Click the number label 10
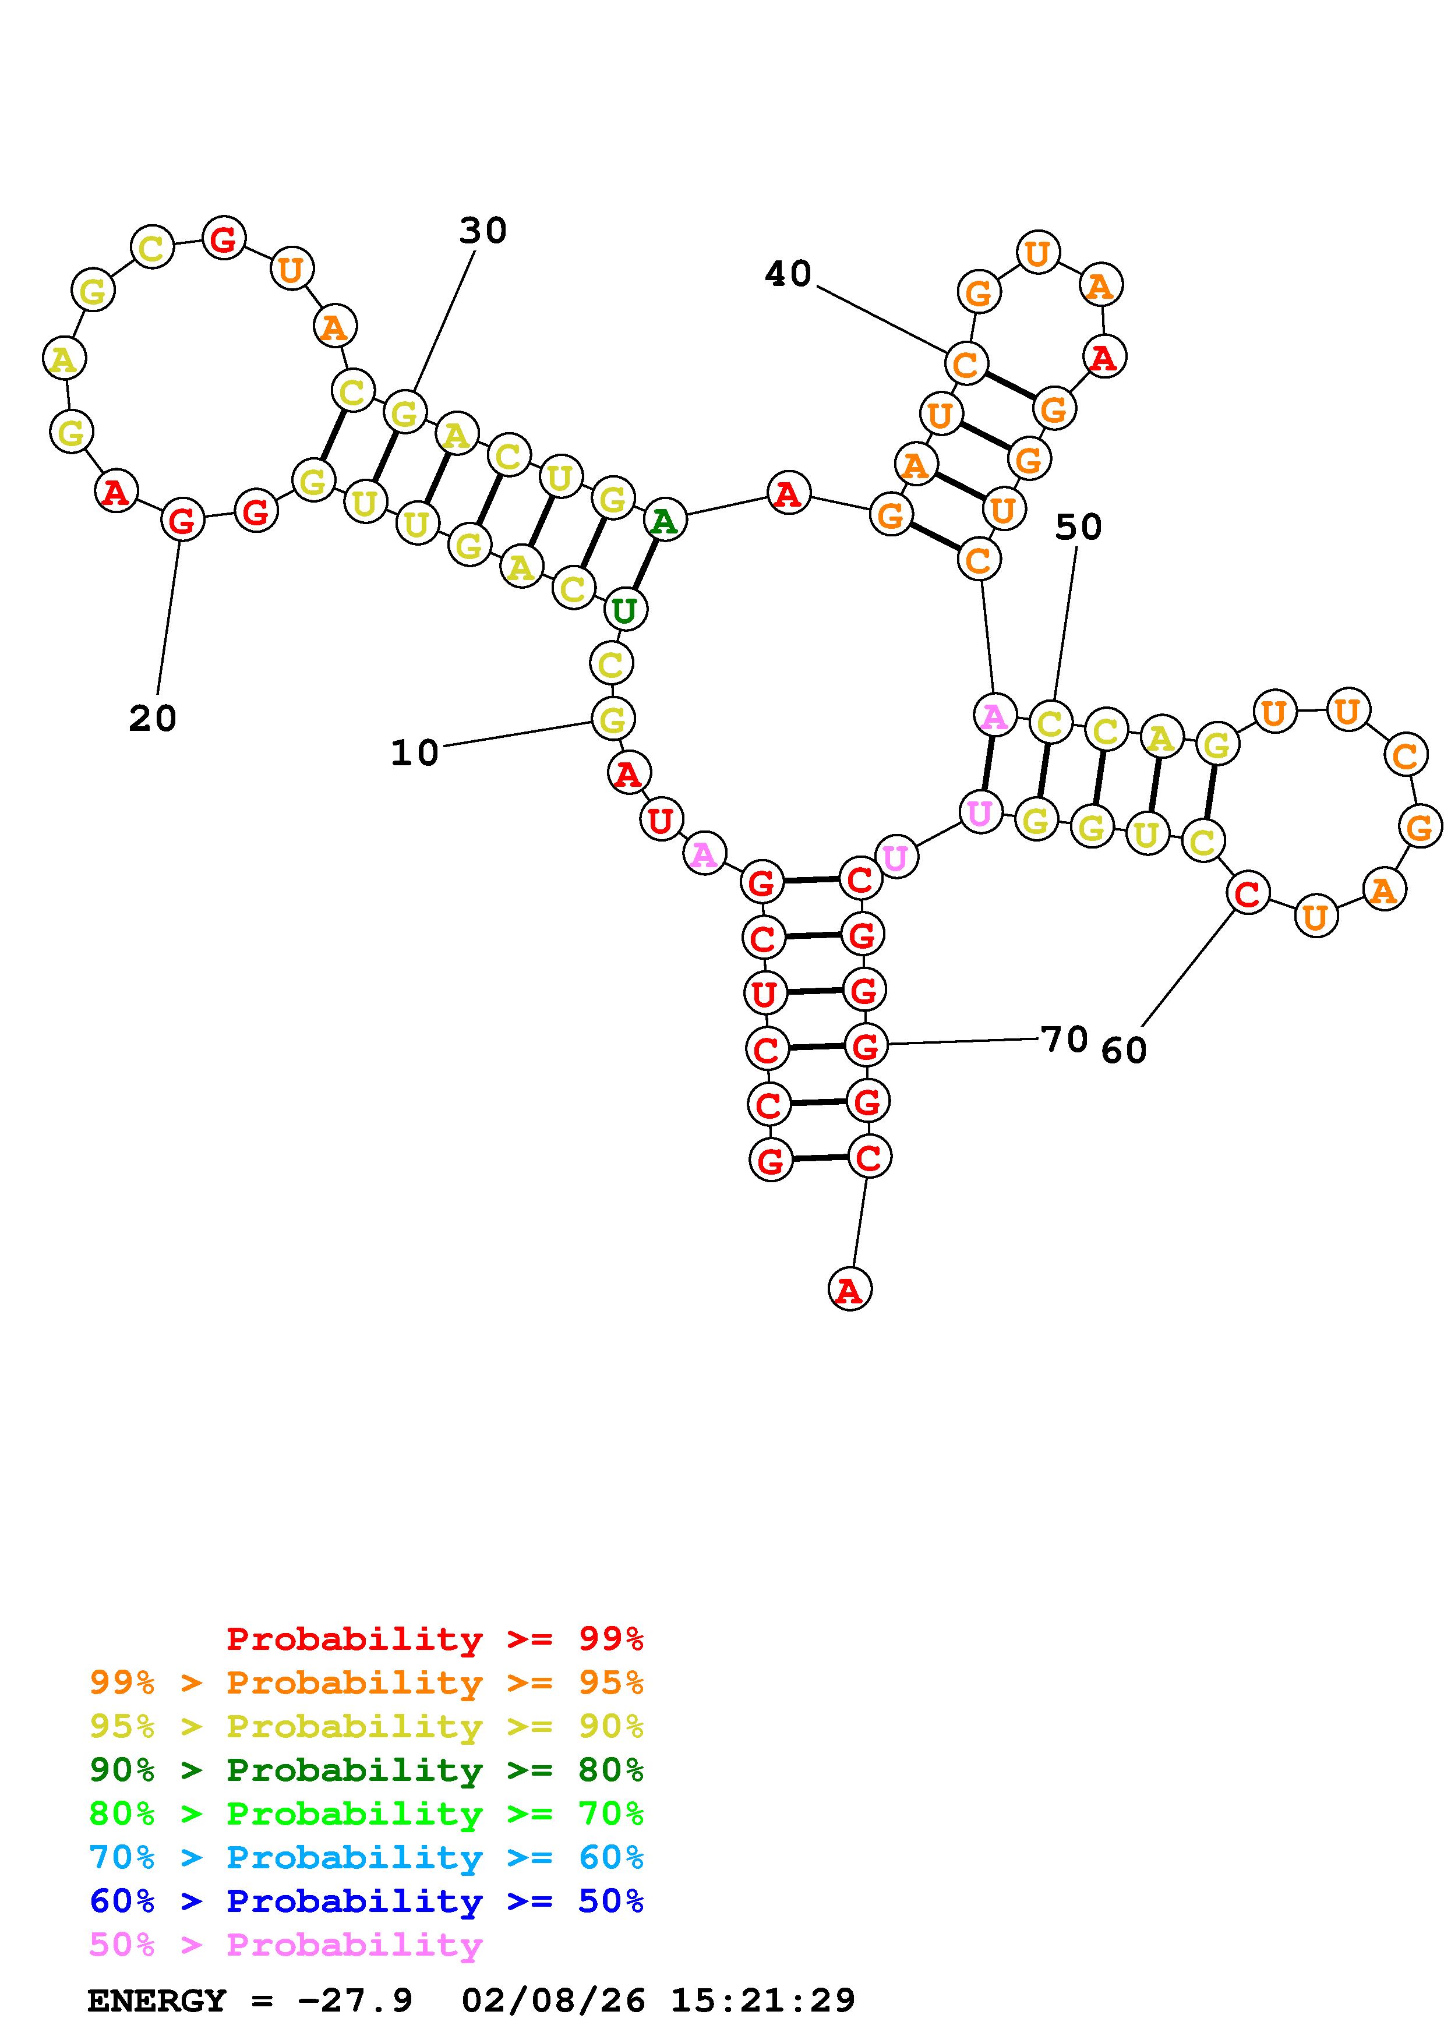point(415,754)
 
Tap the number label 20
point(153,718)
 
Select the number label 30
point(483,231)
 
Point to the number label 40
point(788,274)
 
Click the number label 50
point(1078,528)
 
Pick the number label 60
point(1124,1051)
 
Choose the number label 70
point(1064,1038)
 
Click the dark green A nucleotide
point(665,521)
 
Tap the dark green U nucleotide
point(624,610)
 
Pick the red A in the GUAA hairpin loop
point(1103,358)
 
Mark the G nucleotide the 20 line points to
point(182,519)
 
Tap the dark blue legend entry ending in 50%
point(366,1901)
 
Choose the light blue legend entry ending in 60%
point(366,1857)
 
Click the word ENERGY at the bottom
point(157,2000)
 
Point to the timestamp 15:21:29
point(762,2000)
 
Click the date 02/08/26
point(553,2000)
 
